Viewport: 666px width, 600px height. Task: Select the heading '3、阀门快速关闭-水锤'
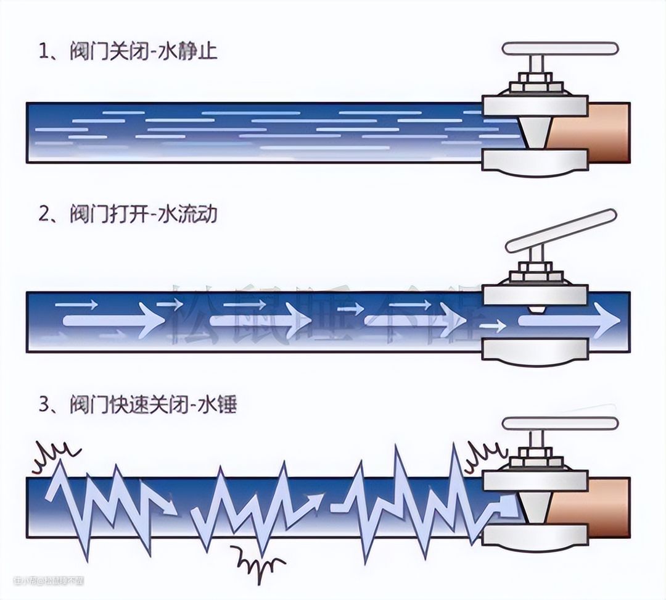tap(137, 406)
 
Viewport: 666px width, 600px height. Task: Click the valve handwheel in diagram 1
tap(560, 49)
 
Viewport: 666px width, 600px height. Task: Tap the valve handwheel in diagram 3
tap(560, 423)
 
